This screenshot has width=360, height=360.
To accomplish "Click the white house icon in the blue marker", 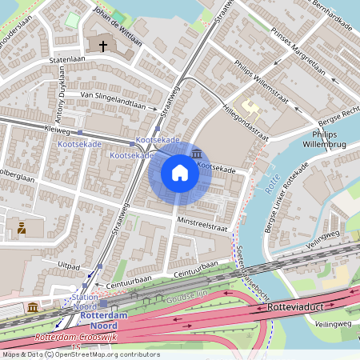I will click(180, 172).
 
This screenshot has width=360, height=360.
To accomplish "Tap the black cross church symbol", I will click(103, 46).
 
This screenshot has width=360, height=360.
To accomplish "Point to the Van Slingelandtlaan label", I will click(118, 99).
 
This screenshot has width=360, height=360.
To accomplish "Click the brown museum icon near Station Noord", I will click(32, 308).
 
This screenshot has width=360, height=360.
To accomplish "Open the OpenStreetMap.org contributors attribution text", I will click(107, 354).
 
